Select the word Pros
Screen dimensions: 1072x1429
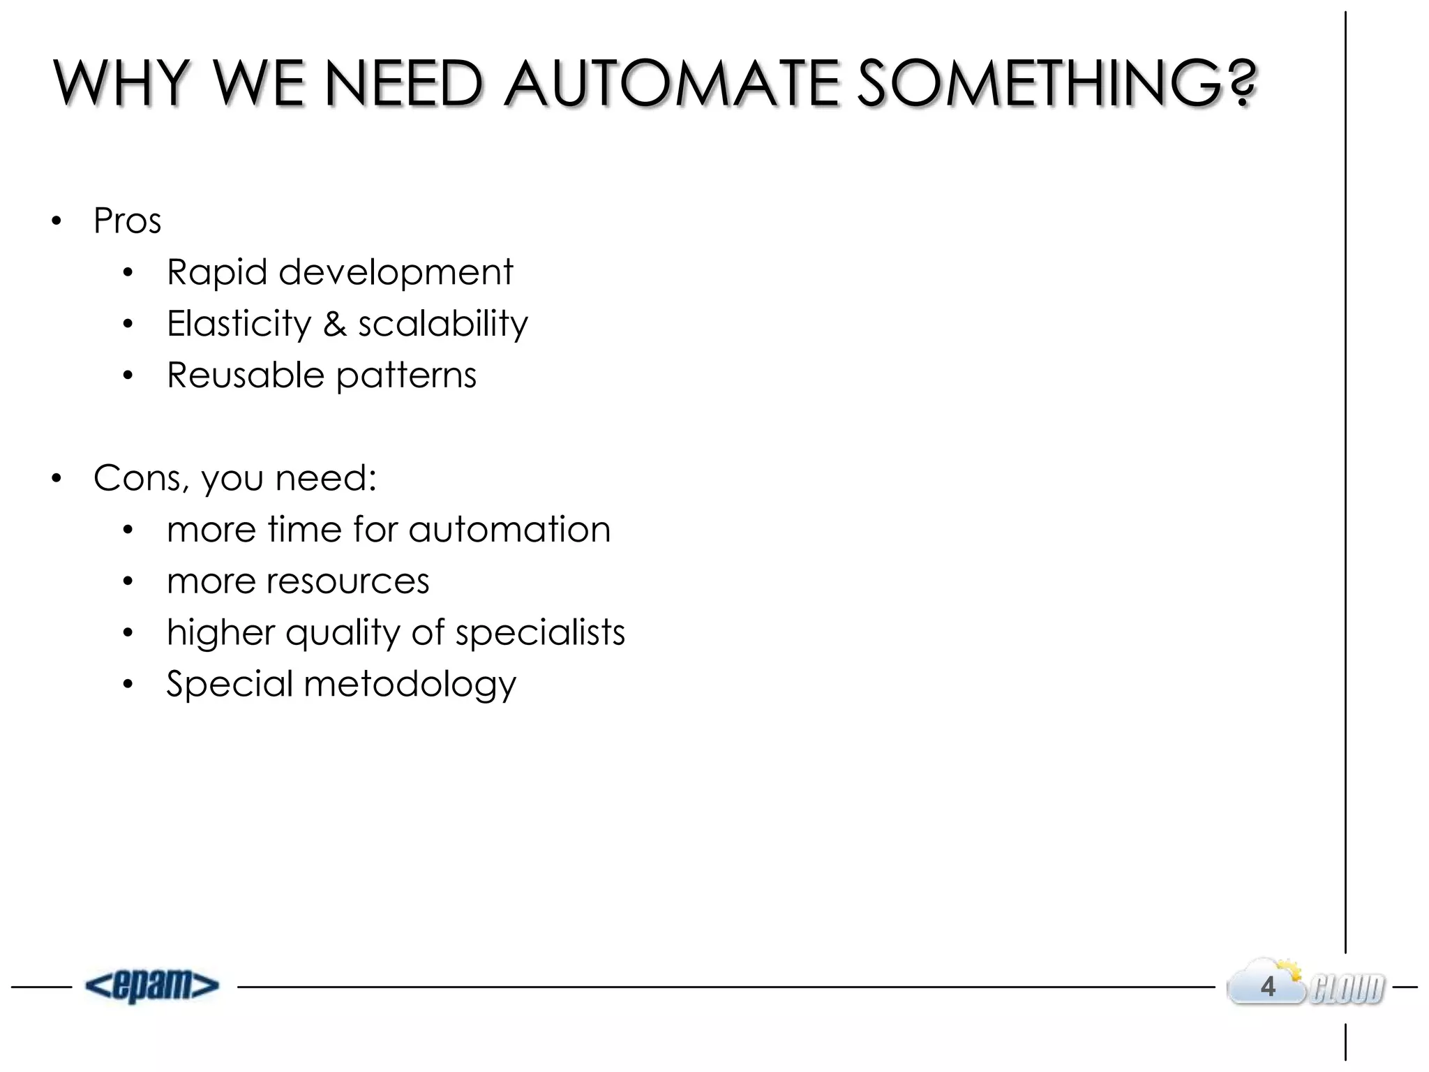(127, 221)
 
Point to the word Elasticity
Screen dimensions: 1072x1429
(239, 324)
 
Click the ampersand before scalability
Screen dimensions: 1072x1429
(335, 324)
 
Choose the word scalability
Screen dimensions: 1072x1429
(443, 324)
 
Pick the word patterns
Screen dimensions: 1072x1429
(406, 376)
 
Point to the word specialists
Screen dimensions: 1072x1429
(540, 633)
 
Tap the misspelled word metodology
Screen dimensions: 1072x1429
(410, 685)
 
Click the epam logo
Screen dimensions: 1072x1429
(152, 986)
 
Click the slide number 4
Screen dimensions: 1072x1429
(1268, 987)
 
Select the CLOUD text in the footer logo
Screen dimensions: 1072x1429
(1347, 989)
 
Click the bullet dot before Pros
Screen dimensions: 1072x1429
(57, 222)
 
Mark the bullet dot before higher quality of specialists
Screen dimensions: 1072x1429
(128, 633)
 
